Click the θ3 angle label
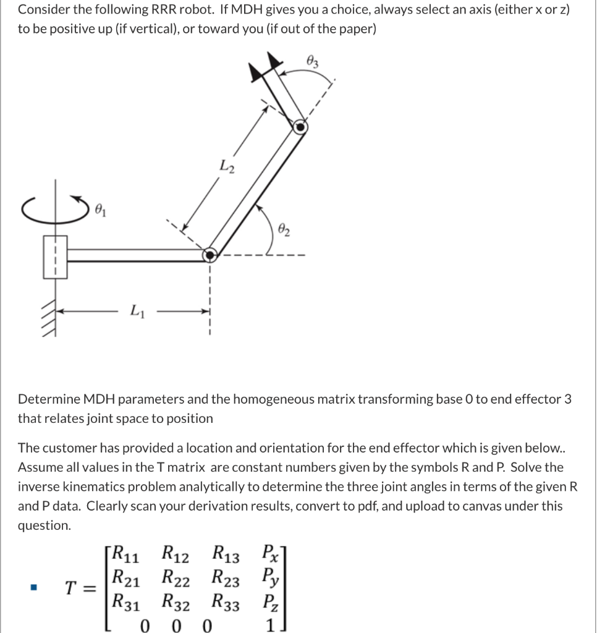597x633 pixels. tap(312, 61)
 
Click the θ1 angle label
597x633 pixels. tap(99, 211)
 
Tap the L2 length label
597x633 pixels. tap(226, 166)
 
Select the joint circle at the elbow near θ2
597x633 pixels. tap(211, 254)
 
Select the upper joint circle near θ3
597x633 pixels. tap(300, 127)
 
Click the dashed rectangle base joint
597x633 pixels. tap(54, 255)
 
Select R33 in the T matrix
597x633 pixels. tap(227, 603)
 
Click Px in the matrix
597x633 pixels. tap(270, 551)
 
